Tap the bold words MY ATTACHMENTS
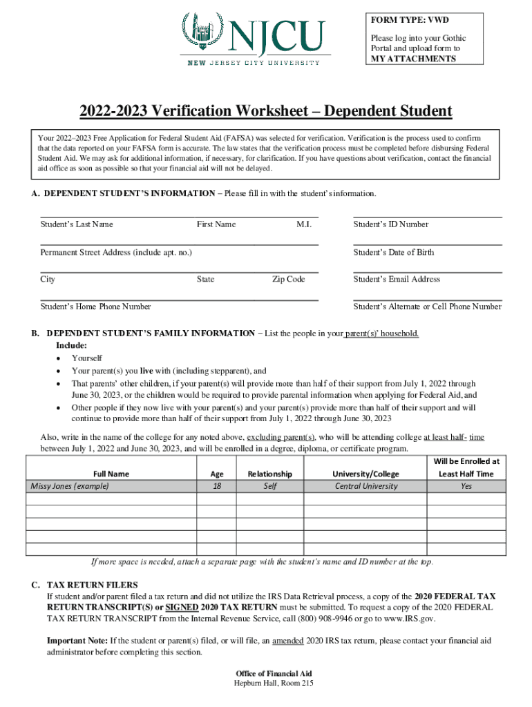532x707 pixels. pos(413,59)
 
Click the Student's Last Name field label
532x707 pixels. pos(77,224)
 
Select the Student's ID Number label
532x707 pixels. pos(390,224)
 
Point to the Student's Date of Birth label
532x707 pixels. pos(393,252)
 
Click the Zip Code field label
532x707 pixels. pos(288,280)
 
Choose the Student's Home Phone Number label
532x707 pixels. pos(95,307)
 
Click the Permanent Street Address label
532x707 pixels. pos(116,252)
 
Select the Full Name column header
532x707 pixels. pos(111,474)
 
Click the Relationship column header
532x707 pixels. pos(269,474)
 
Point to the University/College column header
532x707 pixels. pos(366,474)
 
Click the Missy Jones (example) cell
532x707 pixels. pos(70,486)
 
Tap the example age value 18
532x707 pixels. pos(216,486)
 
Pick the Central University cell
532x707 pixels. pos(366,486)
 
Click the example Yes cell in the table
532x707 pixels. pos(466,486)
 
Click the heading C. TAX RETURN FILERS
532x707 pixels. pos(85,585)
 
